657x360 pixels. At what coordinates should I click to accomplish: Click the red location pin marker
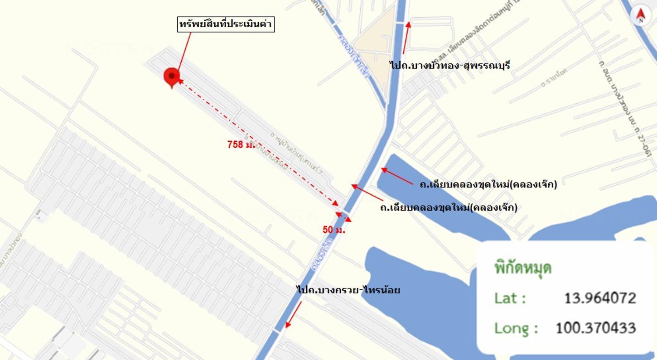click(x=172, y=77)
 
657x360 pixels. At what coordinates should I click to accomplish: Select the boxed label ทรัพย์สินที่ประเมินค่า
click(x=225, y=24)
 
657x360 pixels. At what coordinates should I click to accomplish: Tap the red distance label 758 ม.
click(x=241, y=144)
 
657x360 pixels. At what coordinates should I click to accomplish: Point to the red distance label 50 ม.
click(x=334, y=230)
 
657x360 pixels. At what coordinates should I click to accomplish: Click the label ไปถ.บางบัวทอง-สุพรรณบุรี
click(x=450, y=65)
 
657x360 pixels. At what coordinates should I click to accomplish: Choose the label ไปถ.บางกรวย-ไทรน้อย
click(x=348, y=290)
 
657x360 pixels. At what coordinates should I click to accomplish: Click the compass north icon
click(x=640, y=16)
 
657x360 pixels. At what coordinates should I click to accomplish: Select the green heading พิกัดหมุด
click(x=522, y=268)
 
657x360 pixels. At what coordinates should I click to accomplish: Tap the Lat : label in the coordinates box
click(x=510, y=298)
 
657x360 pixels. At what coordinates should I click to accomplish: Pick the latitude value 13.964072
click(x=600, y=298)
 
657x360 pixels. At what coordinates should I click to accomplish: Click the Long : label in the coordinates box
click(x=516, y=328)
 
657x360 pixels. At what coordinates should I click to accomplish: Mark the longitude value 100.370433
click(x=596, y=328)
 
